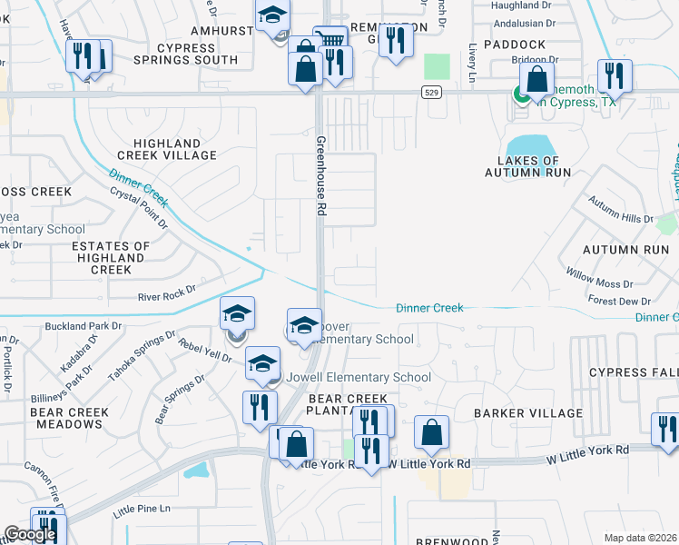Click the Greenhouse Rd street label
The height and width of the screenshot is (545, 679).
point(321,176)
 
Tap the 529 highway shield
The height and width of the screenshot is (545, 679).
point(430,93)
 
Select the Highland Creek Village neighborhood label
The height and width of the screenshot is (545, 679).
point(175,150)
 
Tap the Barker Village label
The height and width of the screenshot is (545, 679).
point(528,413)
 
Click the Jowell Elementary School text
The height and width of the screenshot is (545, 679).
point(359,377)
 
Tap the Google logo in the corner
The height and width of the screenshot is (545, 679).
point(29,534)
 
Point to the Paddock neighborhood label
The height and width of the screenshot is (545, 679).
point(515,45)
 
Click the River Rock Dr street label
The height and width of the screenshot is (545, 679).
point(166,295)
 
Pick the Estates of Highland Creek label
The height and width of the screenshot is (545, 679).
point(111,258)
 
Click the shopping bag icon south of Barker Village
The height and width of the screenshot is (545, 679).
point(432,432)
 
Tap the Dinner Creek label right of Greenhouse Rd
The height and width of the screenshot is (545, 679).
point(429,308)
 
